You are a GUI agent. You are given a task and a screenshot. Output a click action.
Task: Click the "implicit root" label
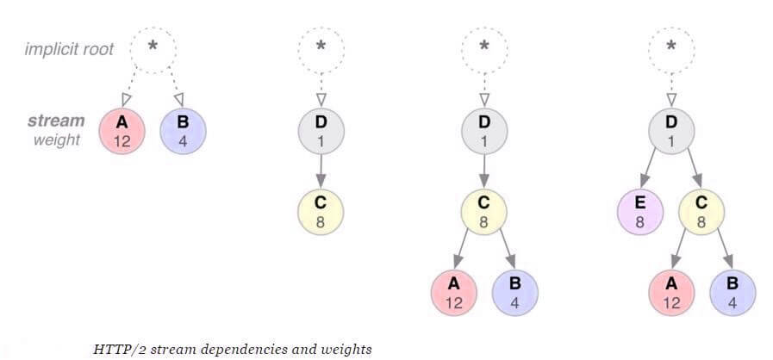tap(69, 48)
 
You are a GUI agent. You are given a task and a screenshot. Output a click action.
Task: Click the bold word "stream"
tap(56, 121)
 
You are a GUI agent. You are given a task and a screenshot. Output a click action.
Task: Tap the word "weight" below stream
tap(57, 140)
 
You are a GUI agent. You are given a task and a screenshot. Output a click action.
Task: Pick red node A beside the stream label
tap(122, 131)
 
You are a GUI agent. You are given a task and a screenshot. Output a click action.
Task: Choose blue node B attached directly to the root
tap(184, 131)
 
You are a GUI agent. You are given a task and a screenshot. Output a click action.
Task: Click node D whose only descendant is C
tap(321, 131)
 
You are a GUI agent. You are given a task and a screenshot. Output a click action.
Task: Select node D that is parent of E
tap(671, 131)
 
